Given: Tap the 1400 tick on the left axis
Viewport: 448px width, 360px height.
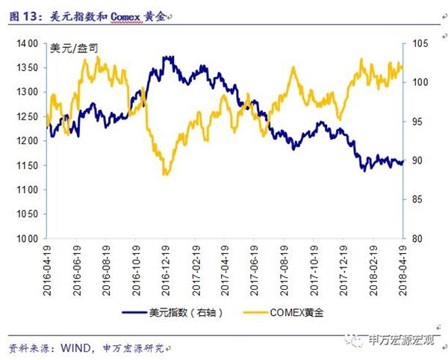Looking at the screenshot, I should click(28, 44).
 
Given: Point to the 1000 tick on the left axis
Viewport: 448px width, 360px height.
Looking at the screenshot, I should click(28, 238).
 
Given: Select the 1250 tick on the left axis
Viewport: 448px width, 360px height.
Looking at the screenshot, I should click(28, 117).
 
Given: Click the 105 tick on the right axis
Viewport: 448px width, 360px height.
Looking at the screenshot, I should click(416, 44).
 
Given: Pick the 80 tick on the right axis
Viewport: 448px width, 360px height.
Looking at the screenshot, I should click(414, 238).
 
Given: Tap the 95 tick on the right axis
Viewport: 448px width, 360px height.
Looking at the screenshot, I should click(414, 122).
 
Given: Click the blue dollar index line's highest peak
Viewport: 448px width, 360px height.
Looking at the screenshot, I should click(167, 57).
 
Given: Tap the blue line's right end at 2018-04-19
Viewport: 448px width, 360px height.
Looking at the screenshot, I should click(402, 162).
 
